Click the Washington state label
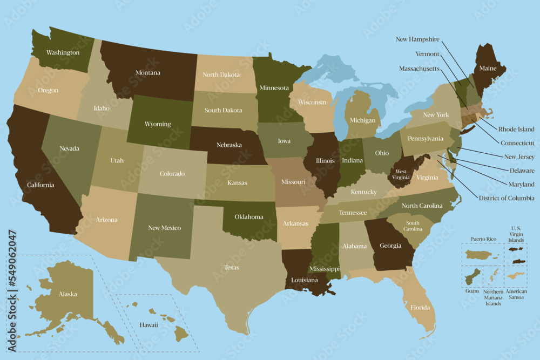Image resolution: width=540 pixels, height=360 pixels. click(x=63, y=53)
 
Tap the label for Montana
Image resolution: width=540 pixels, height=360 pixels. click(x=147, y=73)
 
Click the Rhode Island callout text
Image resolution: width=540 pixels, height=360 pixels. click(x=516, y=130)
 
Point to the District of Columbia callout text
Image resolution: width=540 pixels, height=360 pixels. click(x=507, y=198)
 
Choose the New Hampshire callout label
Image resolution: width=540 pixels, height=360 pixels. click(x=417, y=39)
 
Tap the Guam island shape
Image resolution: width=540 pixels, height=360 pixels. click(x=473, y=277)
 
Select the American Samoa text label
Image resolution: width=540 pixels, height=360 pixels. click(x=516, y=294)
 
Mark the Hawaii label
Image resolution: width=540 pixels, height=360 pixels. click(x=148, y=325)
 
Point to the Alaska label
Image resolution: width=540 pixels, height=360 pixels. click(x=67, y=294)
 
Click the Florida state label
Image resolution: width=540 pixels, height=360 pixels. click(x=420, y=308)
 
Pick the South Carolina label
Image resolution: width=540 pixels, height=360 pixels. click(x=413, y=226)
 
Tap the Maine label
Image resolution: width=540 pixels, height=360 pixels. click(x=488, y=69)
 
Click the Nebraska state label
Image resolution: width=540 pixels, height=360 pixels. click(x=228, y=146)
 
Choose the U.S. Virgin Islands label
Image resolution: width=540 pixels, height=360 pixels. click(x=516, y=235)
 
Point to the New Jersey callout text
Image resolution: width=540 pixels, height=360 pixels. click(x=519, y=157)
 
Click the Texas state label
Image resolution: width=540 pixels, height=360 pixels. click(x=232, y=267)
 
